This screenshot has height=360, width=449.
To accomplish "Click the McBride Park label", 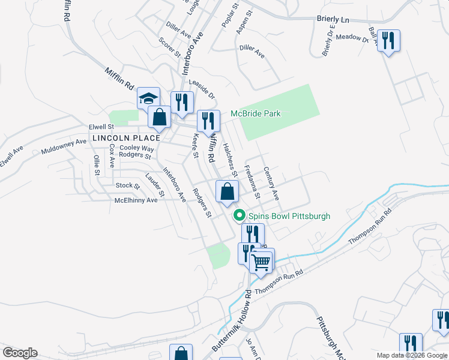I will click(256, 113).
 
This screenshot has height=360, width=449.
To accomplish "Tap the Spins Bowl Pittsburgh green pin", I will click(239, 215).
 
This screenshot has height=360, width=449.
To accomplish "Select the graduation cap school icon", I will click(148, 98).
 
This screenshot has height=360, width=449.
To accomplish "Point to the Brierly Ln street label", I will click(333, 19).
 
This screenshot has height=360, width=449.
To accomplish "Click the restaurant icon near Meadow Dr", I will click(389, 41).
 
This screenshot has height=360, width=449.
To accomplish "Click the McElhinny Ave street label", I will click(136, 200).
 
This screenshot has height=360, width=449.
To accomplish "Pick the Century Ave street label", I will click(271, 183).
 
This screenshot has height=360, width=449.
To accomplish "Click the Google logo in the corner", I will click(20, 353).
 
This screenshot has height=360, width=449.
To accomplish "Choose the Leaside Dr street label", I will click(202, 89).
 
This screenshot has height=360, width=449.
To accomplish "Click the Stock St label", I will click(128, 185).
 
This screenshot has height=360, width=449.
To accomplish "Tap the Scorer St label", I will click(169, 47).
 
